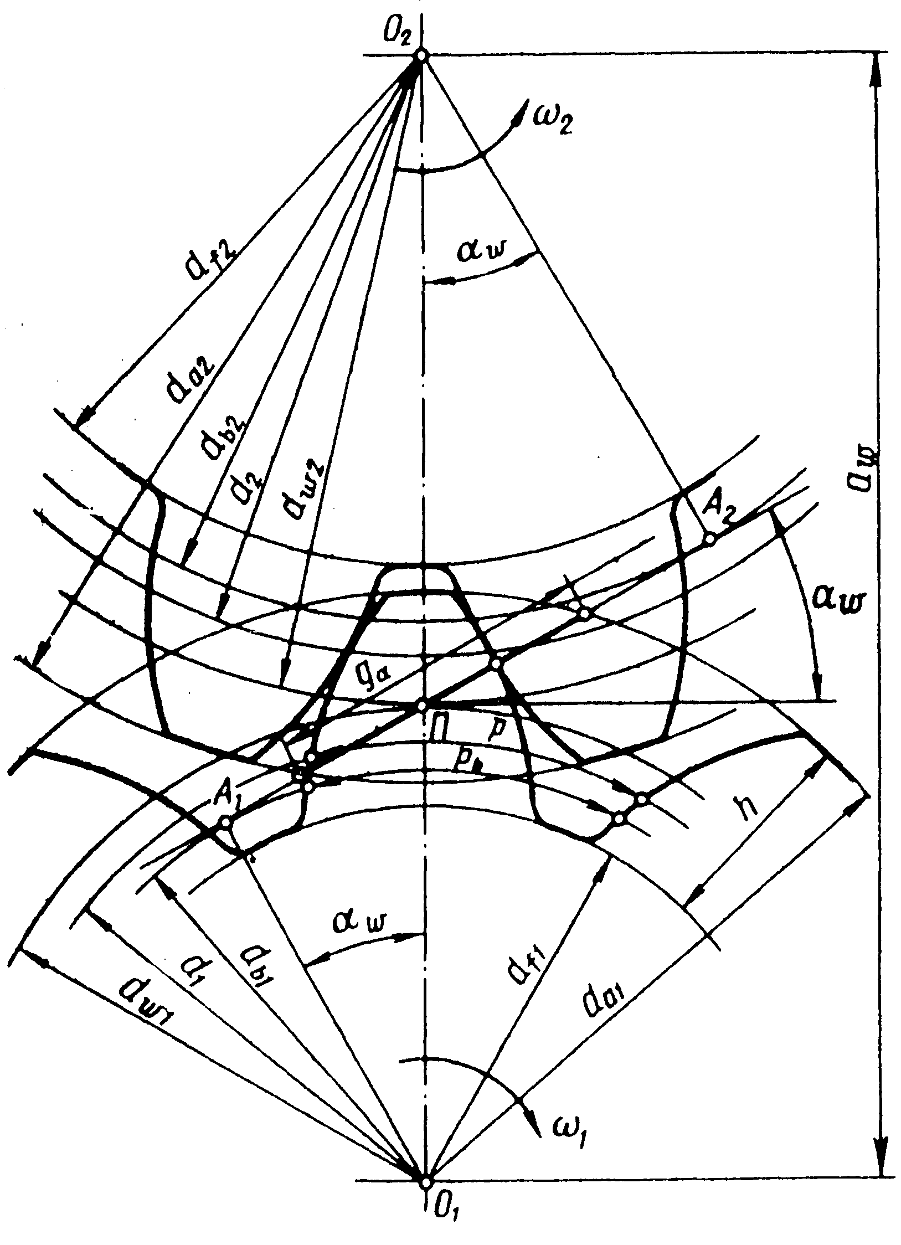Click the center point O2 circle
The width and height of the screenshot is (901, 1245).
[422, 55]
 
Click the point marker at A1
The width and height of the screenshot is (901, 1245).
[225, 822]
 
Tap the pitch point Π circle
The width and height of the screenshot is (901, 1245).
[422, 706]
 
